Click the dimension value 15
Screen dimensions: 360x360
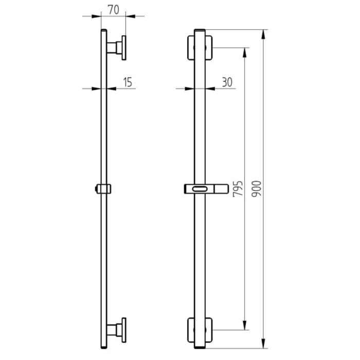pyautogui.click(x=128, y=81)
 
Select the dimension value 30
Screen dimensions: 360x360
pyautogui.click(x=227, y=81)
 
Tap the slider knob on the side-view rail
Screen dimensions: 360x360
pyautogui.click(x=103, y=189)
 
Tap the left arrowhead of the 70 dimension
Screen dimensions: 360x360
pyautogui.click(x=97, y=16)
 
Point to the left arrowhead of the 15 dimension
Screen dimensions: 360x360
pyautogui.click(x=97, y=88)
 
